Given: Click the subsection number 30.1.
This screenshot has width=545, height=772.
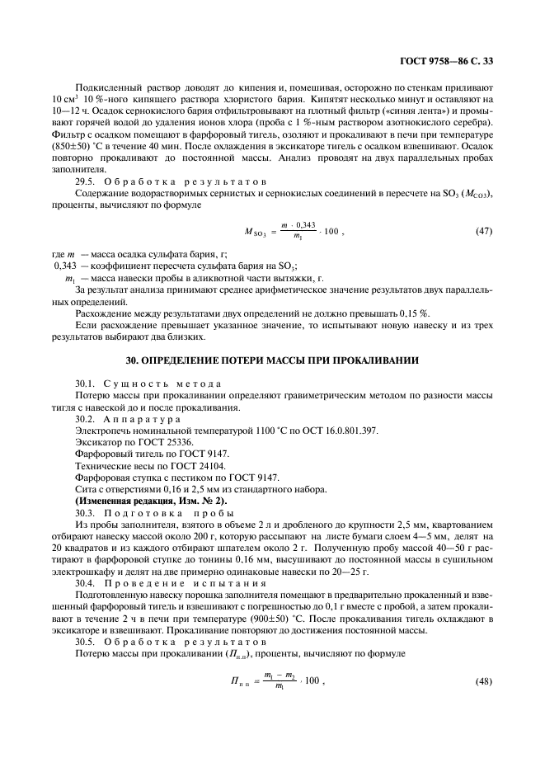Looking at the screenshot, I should tap(86, 384).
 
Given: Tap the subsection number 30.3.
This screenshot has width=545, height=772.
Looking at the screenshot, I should tap(86, 511).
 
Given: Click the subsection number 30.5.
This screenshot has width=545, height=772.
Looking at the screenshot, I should tap(86, 639).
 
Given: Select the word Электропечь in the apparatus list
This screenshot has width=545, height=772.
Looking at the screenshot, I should tap(102, 430).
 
